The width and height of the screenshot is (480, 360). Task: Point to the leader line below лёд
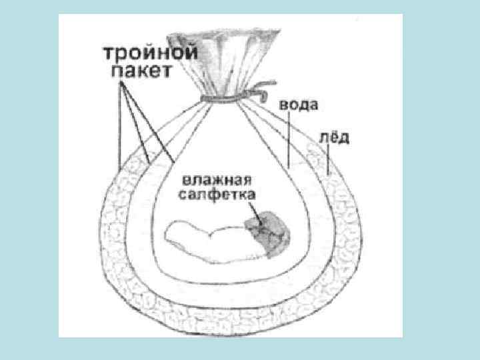(329, 161)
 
